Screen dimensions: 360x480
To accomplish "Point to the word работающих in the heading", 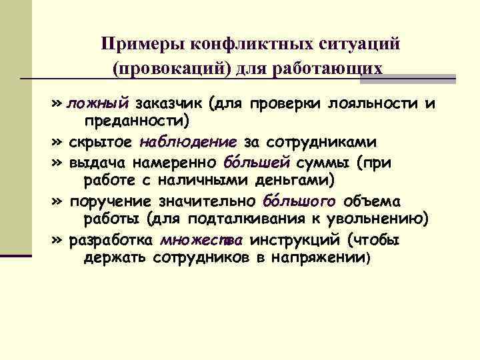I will pyautogui.click(x=341, y=69).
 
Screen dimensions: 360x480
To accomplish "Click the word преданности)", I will pyautogui.click(x=136, y=121).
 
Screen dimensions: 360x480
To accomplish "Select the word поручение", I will pyautogui.click(x=109, y=201).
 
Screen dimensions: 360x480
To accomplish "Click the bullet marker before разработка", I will pyautogui.click(x=56, y=240).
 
